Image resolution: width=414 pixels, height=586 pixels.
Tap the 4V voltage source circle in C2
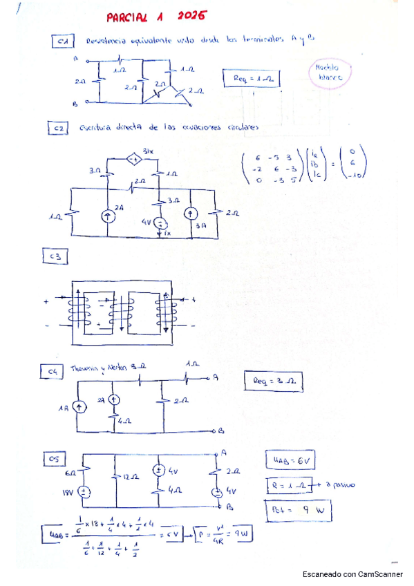click(x=159, y=223)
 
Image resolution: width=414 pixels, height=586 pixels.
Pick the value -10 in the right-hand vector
click(x=353, y=175)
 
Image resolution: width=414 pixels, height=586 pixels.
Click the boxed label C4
click(x=52, y=372)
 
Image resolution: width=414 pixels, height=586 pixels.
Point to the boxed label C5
click(x=53, y=458)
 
